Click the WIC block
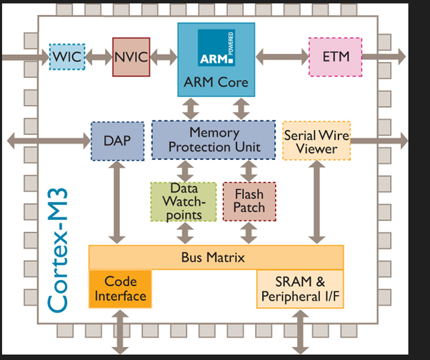point(67,56)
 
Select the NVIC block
point(131,56)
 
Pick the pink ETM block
point(334,56)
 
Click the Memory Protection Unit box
point(214,140)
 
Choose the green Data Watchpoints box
point(183,201)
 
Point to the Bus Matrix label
point(216,256)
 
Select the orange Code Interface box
point(121,289)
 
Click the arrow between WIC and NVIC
point(99,56)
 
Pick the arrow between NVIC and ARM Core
point(164,56)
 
